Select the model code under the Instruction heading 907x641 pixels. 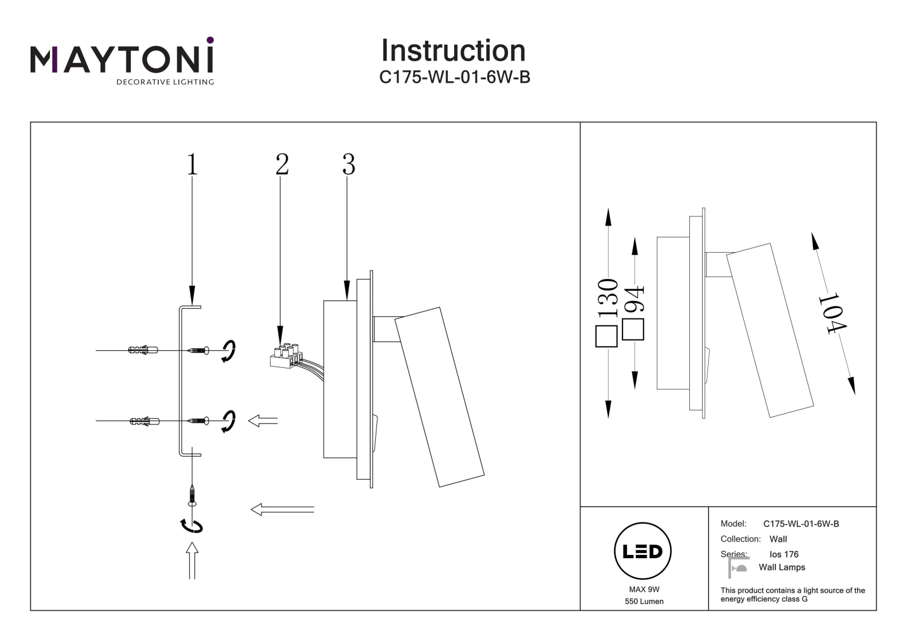pyautogui.click(x=454, y=77)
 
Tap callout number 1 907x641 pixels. pyautogui.click(x=192, y=164)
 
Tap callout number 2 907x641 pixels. pyautogui.click(x=282, y=164)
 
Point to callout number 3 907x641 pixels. pyautogui.click(x=349, y=164)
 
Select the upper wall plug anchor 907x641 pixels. pyautogui.click(x=142, y=350)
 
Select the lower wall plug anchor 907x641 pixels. pyautogui.click(x=145, y=421)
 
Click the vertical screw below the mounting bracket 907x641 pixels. pyautogui.click(x=192, y=496)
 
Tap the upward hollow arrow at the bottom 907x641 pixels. pyautogui.click(x=192, y=561)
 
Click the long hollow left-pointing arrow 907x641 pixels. pyautogui.click(x=283, y=510)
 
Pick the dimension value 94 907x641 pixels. pyautogui.click(x=634, y=299)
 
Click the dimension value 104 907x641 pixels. pyautogui.click(x=833, y=314)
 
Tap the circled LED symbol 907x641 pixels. pyautogui.click(x=643, y=551)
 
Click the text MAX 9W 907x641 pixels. pyautogui.click(x=644, y=589)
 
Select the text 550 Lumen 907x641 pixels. pyautogui.click(x=644, y=601)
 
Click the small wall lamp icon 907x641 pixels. pyautogui.click(x=738, y=567)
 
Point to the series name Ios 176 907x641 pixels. pyautogui.click(x=784, y=554)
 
